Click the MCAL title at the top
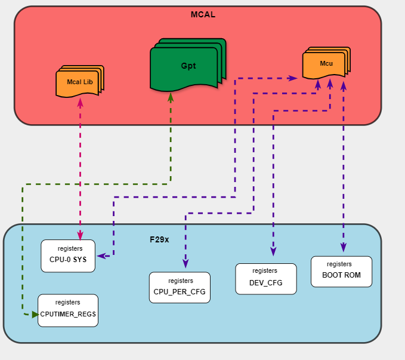(203, 14)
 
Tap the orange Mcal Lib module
(79, 82)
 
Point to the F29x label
(159, 239)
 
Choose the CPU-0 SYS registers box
(68, 256)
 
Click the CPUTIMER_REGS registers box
(67, 310)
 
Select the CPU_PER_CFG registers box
(180, 287)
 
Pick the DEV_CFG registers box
(265, 279)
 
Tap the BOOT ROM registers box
(341, 271)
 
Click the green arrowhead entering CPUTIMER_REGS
(35, 314)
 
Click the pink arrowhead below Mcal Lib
(80, 102)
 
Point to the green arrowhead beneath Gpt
(171, 96)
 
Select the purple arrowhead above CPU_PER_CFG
(186, 263)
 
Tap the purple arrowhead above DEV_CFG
(273, 253)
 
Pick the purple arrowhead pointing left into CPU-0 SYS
(101, 256)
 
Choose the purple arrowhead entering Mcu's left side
(293, 78)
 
